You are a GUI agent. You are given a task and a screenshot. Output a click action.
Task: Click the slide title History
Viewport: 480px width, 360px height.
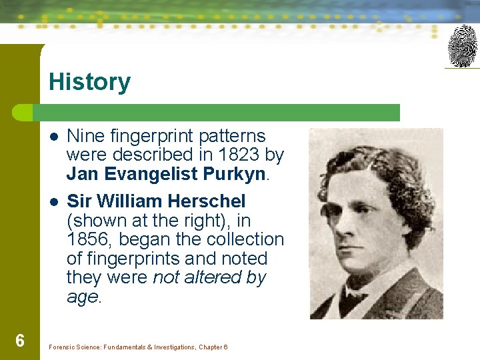pos(89,82)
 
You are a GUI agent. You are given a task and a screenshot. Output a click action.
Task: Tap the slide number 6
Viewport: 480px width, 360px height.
pos(20,341)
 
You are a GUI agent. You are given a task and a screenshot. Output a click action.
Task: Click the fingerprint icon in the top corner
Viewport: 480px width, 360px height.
pos(462,46)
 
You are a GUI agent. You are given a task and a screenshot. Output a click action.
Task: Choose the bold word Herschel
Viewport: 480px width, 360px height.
pos(207,201)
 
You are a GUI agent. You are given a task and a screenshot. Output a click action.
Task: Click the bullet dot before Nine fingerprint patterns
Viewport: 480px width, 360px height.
pos(53,137)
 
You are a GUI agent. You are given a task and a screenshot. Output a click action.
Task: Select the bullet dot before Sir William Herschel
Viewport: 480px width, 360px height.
pos(53,201)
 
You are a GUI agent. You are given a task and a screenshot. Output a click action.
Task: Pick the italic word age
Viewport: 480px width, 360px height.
pos(82,297)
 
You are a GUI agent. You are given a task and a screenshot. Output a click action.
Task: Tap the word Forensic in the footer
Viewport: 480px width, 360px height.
pos(64,347)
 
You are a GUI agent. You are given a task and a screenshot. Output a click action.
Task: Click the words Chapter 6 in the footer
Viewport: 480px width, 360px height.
pos(213,347)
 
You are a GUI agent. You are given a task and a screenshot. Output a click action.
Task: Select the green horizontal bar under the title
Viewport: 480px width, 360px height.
pos(220,112)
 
